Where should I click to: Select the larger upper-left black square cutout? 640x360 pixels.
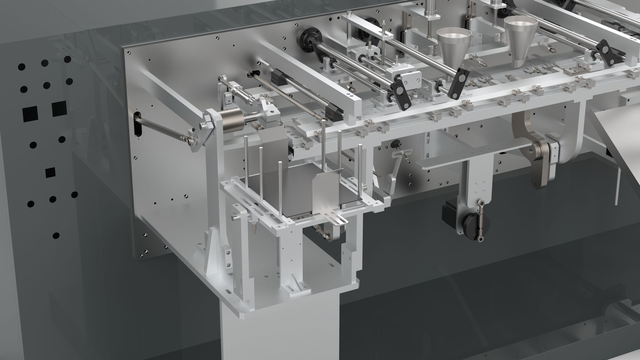pyautogui.click(x=59, y=109)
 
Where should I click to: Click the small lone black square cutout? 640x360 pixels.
pyautogui.click(x=50, y=172)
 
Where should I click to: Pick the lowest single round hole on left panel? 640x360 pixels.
pyautogui.click(x=56, y=235)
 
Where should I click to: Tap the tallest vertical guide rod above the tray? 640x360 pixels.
pyautogui.click(x=324, y=143)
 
